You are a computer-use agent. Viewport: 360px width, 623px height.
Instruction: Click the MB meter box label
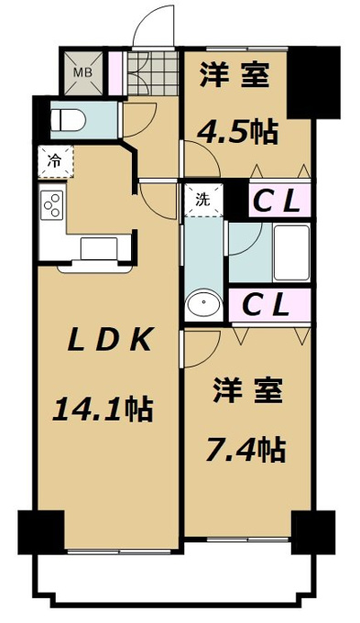84,72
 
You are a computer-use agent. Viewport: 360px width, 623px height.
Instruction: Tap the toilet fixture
69,120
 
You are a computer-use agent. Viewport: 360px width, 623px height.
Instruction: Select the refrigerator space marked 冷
56,161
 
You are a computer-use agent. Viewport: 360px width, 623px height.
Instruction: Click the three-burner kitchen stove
53,204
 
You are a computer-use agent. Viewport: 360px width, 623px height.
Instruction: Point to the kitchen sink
99,248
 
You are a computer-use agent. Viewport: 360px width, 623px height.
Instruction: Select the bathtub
291,253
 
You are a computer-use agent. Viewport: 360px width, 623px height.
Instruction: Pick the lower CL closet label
265,305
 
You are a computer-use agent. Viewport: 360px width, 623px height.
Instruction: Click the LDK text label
110,340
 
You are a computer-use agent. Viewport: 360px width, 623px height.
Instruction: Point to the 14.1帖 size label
103,410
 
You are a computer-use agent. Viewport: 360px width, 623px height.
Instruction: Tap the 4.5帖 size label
237,132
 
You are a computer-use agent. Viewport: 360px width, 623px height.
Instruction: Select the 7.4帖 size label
245,449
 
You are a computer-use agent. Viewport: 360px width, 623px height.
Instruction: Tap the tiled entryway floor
152,72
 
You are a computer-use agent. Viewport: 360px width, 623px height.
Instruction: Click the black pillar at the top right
313,82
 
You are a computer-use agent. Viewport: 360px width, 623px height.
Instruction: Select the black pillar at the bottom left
41,532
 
